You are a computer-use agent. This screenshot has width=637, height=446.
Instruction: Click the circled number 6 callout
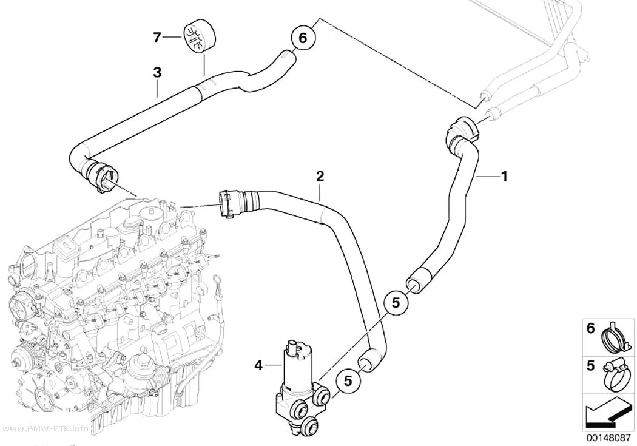point(303,38)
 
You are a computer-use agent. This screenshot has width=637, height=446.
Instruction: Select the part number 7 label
point(157,38)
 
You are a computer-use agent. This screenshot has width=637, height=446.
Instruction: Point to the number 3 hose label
point(157,73)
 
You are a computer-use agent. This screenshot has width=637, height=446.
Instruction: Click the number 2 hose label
point(320,177)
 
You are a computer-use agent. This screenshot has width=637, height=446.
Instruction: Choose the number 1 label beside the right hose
point(504,177)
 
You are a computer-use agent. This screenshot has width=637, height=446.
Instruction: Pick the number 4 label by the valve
point(259,365)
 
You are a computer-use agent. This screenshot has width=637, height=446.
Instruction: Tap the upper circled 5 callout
point(396,303)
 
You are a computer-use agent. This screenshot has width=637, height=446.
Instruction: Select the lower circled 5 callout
point(348,381)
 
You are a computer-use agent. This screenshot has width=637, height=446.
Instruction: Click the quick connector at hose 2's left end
point(229,203)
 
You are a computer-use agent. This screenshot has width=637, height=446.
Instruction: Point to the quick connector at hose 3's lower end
point(103,177)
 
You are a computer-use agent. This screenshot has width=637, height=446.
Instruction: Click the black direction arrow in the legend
point(607,414)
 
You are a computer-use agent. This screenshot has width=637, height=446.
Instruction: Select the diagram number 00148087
point(608,438)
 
